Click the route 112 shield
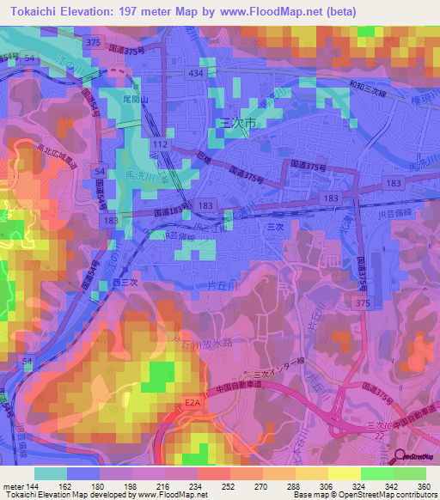pos(161,143)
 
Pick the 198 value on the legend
pos(129,485)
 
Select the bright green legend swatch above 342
pos(377,473)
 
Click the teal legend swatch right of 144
pos(51,473)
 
